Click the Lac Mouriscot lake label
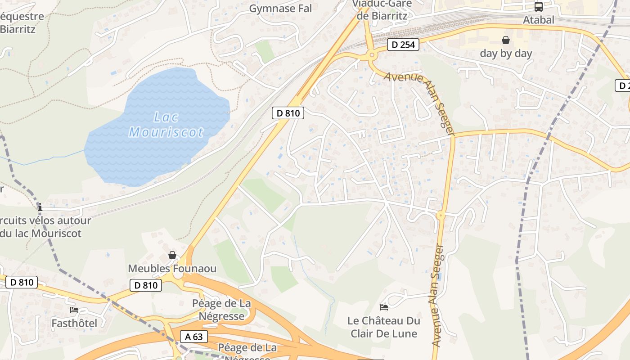166,125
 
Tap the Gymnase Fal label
280,9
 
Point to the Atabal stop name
538,20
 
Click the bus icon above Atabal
538,7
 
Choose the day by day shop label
506,53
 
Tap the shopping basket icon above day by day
506,40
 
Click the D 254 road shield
403,45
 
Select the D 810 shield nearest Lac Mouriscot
288,113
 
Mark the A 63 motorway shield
194,336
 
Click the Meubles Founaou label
172,269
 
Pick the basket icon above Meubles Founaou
172,256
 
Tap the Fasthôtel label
74,323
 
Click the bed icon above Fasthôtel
74,310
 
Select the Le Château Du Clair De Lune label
384,327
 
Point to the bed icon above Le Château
384,307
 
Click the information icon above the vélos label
40,207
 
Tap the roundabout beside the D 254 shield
372,56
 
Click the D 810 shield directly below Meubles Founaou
146,285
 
